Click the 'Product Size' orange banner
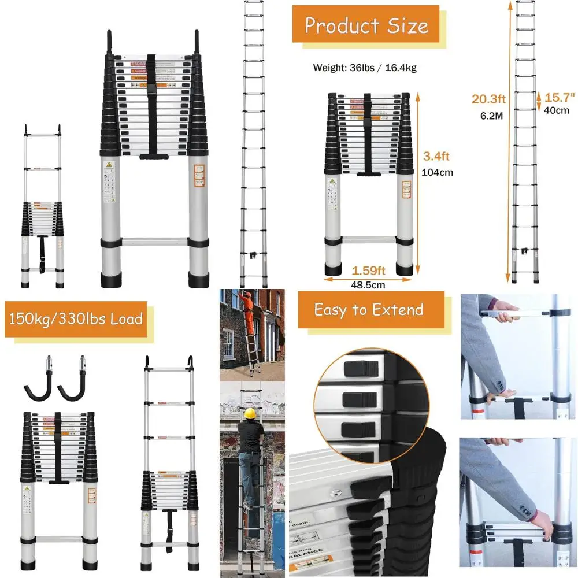click(x=366, y=26)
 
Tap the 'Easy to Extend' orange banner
click(x=368, y=310)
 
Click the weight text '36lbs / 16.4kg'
click(x=365, y=68)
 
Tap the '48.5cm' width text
click(x=368, y=284)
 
